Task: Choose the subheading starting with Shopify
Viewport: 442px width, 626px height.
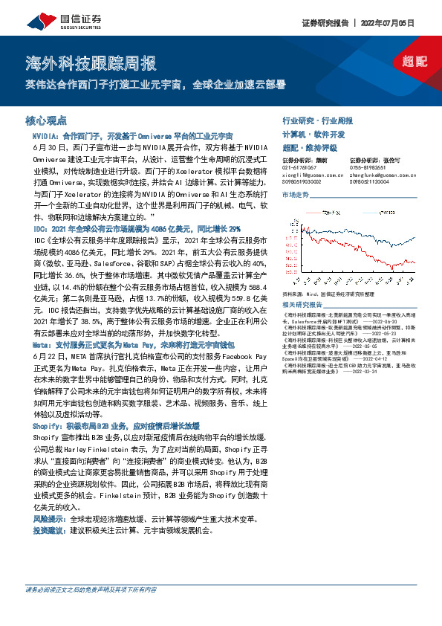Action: coord(116,426)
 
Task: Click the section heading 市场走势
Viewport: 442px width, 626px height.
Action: coord(296,193)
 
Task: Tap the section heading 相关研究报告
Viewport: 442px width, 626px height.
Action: coord(303,304)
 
